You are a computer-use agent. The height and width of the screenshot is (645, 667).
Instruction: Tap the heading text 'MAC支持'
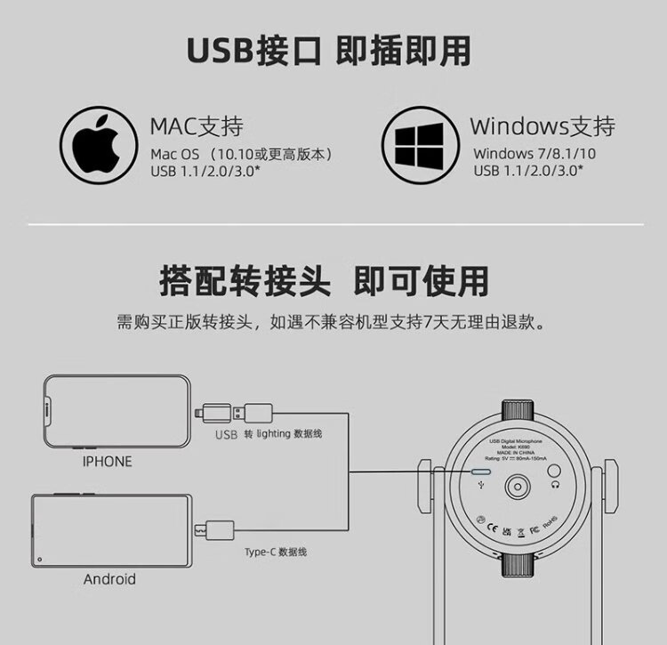197,126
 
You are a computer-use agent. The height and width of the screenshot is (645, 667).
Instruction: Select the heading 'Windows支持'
542,126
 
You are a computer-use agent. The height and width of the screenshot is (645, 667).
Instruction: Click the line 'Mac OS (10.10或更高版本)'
241,154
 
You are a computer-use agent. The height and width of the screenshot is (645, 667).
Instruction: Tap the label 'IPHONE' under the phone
107,462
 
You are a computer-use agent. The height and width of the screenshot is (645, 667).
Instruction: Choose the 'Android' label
109,579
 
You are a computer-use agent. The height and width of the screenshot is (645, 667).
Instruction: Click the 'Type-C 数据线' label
276,552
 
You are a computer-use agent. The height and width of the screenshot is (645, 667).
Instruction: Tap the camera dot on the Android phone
42,558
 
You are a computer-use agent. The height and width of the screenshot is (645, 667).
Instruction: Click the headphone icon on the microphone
555,487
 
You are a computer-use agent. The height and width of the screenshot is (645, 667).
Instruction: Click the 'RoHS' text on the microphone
550,520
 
